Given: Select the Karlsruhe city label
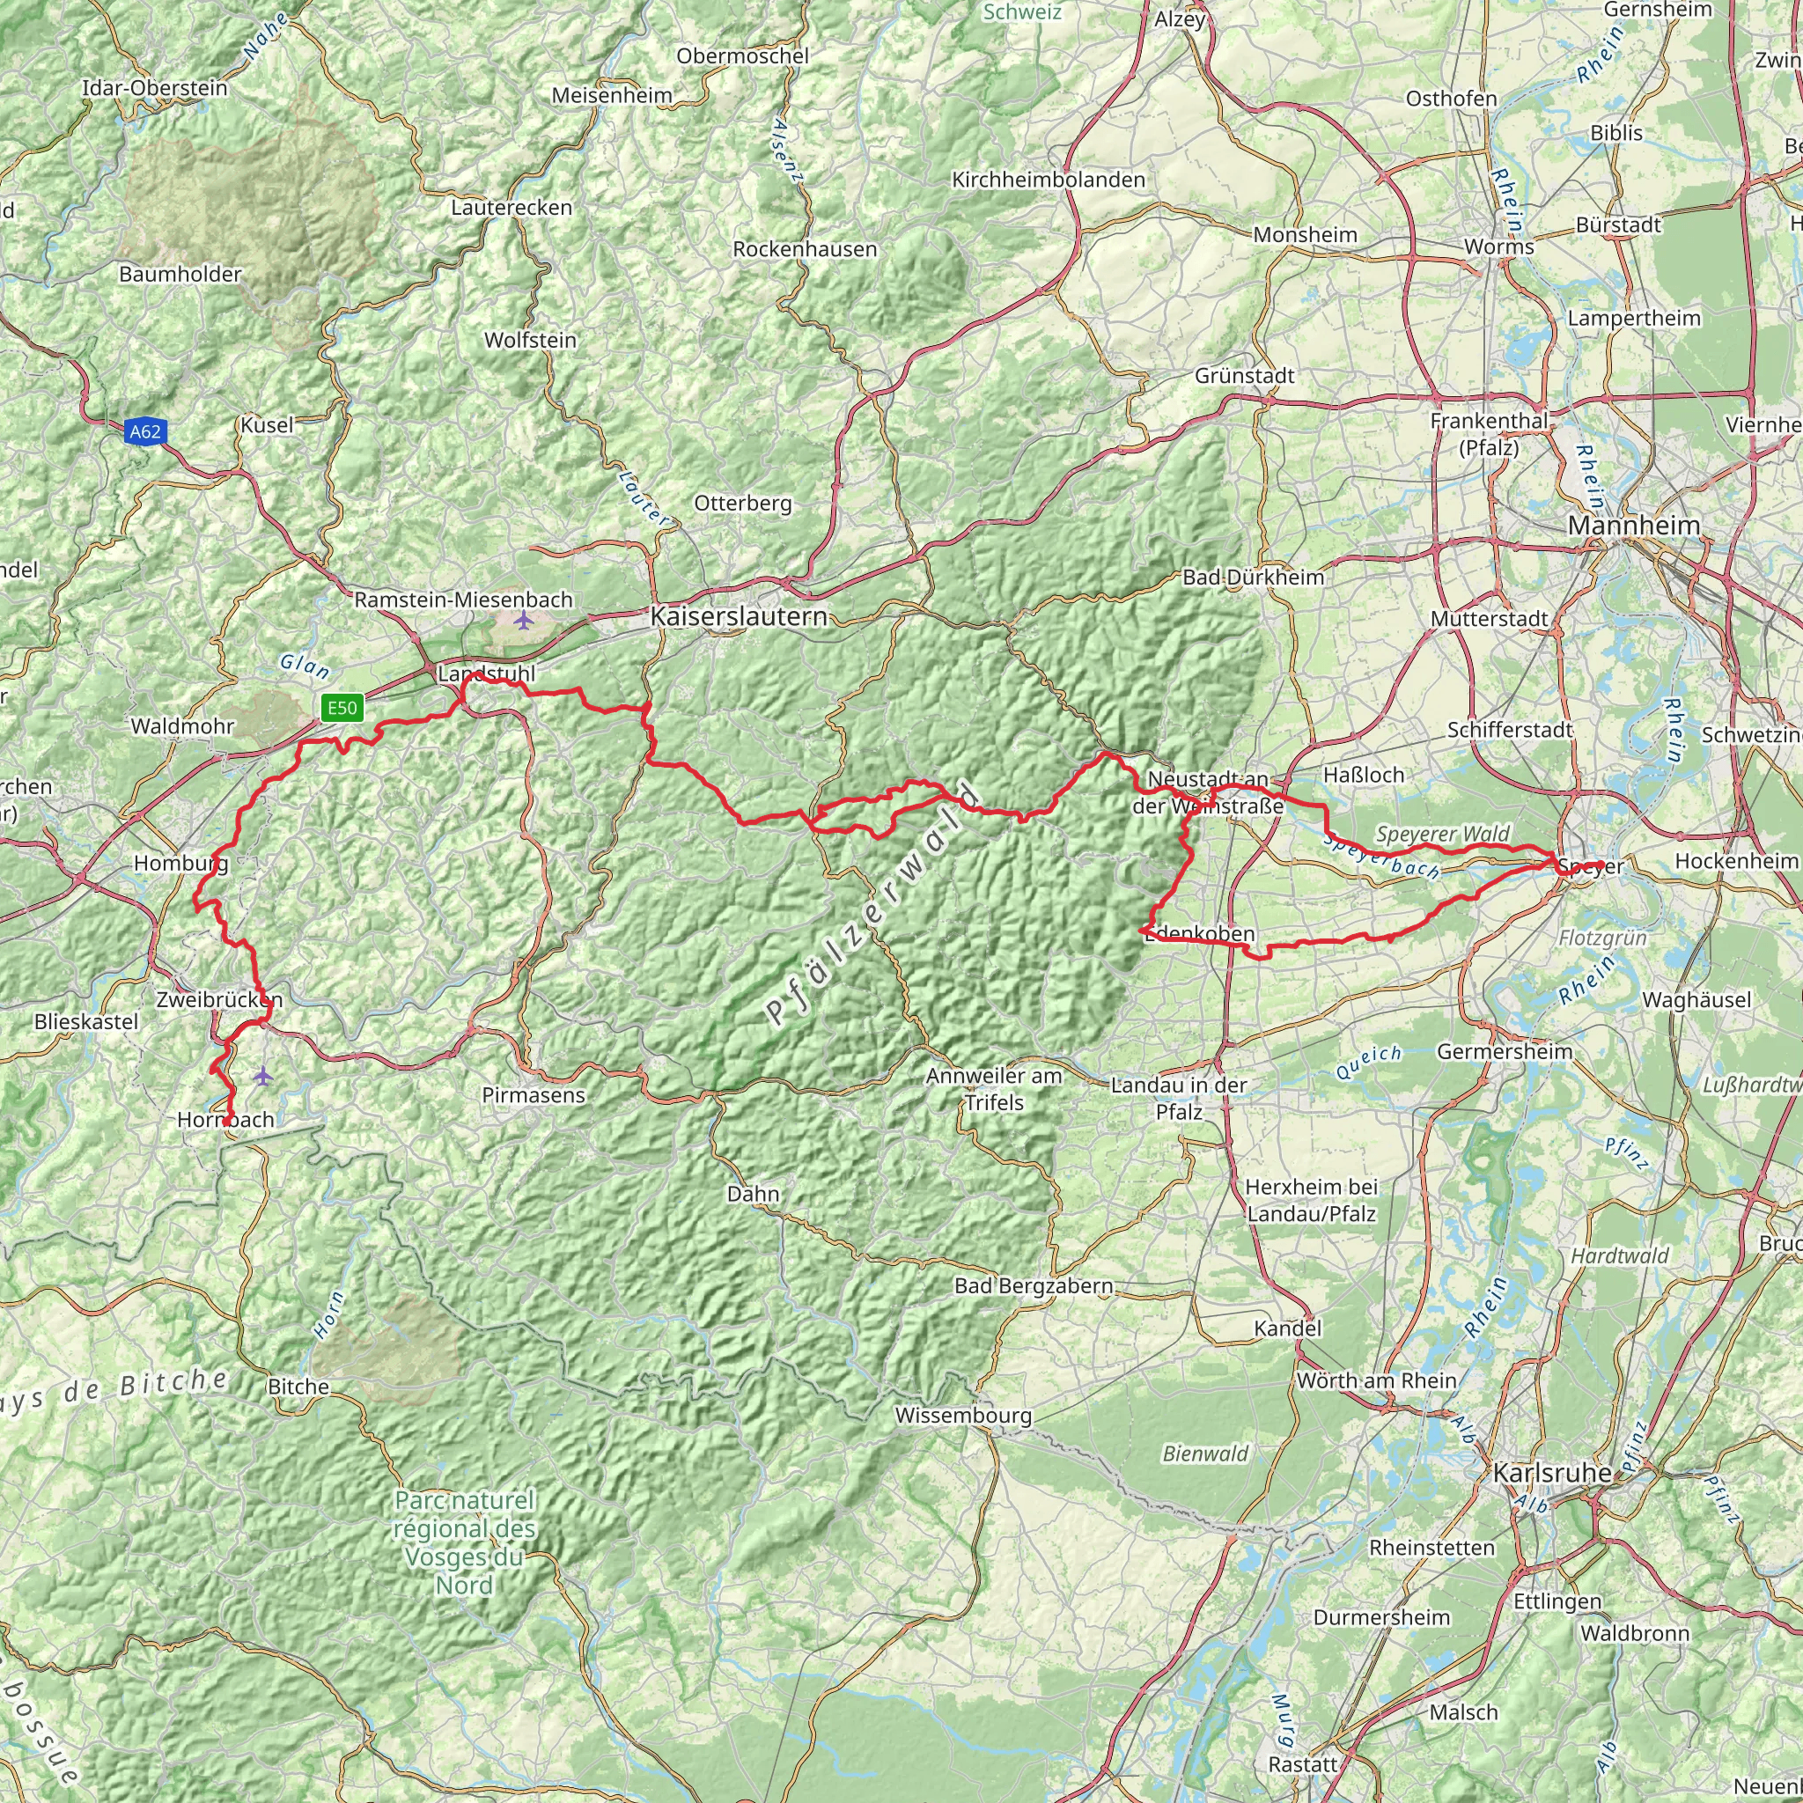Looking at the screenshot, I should pos(1552,1473).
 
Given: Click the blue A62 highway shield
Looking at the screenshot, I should pos(144,431).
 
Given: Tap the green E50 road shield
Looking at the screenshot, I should pos(342,708).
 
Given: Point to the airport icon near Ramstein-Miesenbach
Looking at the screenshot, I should pos(524,621).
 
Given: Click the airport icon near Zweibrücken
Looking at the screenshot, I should pos(264,1076).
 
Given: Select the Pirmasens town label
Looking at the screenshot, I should pos(533,1094).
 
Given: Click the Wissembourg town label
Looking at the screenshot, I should pos(963,1415).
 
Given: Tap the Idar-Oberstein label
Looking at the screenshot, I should pos(155,88).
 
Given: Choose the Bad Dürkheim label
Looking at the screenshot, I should pos(1254,577).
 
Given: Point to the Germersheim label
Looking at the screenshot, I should pos(1505,1052).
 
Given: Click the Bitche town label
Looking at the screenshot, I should pos(298,1386).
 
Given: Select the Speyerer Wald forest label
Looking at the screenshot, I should pos(1442,834).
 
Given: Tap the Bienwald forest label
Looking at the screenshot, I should pos(1205,1453).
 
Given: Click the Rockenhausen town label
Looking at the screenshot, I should pos(805,249).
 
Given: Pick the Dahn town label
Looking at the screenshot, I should pos(752,1194).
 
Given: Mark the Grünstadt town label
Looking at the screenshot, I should pos(1244,375).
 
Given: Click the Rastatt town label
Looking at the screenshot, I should pos(1303,1765).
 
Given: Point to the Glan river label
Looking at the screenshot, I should pos(305,666).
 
